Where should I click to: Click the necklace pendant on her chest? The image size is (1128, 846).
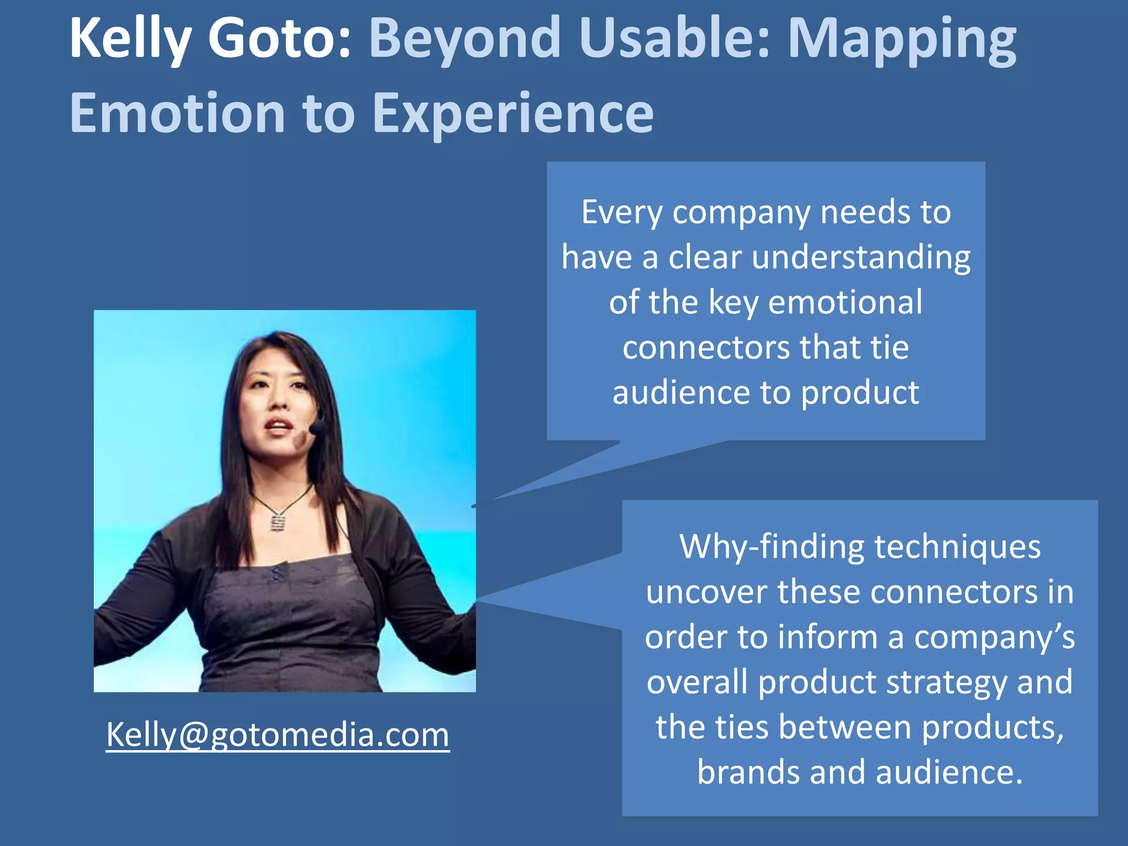pos(278,521)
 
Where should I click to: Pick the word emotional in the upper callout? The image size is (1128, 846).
pos(845,302)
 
